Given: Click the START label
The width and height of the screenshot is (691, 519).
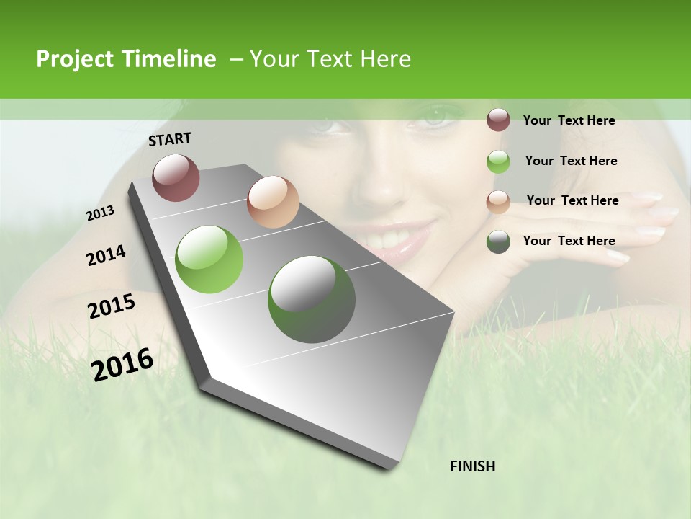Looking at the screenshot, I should pyautogui.click(x=170, y=139).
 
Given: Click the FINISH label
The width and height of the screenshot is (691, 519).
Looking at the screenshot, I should pyautogui.click(x=473, y=466).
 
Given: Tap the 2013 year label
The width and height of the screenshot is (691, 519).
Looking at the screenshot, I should pyautogui.click(x=100, y=213).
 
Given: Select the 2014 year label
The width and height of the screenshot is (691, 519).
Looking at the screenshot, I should pyautogui.click(x=106, y=256).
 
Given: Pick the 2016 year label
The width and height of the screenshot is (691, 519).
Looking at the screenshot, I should pyautogui.click(x=122, y=365).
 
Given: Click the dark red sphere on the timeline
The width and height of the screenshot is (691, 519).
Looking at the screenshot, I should pyautogui.click(x=176, y=177).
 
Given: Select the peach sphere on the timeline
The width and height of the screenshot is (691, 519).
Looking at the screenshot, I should pyautogui.click(x=273, y=202).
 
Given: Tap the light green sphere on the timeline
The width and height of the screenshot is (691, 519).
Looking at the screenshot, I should pyautogui.click(x=209, y=259).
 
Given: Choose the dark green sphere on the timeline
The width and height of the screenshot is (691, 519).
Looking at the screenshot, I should pyautogui.click(x=312, y=299).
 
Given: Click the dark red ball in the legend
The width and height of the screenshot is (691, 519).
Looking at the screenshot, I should pyautogui.click(x=498, y=120).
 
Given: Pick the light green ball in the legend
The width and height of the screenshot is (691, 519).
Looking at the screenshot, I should pyautogui.click(x=498, y=161).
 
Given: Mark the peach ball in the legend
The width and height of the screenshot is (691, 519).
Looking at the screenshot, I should pyautogui.click(x=498, y=202).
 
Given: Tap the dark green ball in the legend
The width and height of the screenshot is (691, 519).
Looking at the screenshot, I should pyautogui.click(x=498, y=242).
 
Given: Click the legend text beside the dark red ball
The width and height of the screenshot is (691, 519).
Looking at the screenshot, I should pyautogui.click(x=569, y=120).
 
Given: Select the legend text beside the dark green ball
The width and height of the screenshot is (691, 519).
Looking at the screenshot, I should pyautogui.click(x=569, y=241).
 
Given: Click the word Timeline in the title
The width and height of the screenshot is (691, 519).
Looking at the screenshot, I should pyautogui.click(x=168, y=59).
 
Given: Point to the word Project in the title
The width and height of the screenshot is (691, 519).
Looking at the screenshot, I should pyautogui.click(x=75, y=59).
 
